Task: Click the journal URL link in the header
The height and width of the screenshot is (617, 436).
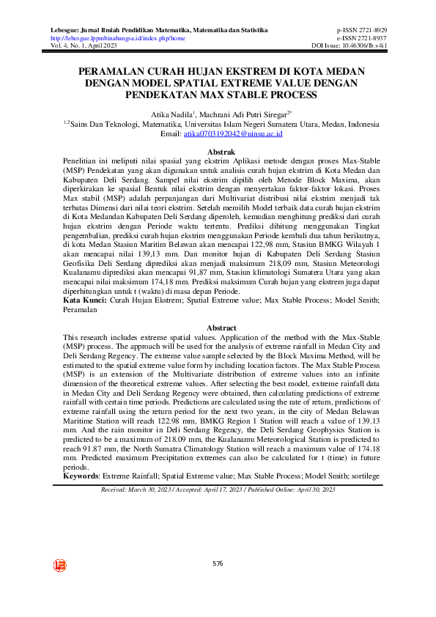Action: coord(117,38)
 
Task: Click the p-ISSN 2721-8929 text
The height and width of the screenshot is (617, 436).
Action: coord(361,30)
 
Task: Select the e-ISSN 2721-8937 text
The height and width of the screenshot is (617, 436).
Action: coord(361,38)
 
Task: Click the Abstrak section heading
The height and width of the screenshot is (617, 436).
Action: coord(218,151)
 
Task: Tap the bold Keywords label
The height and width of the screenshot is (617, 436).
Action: coord(81,476)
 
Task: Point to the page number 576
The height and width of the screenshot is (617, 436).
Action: coord(218,564)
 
